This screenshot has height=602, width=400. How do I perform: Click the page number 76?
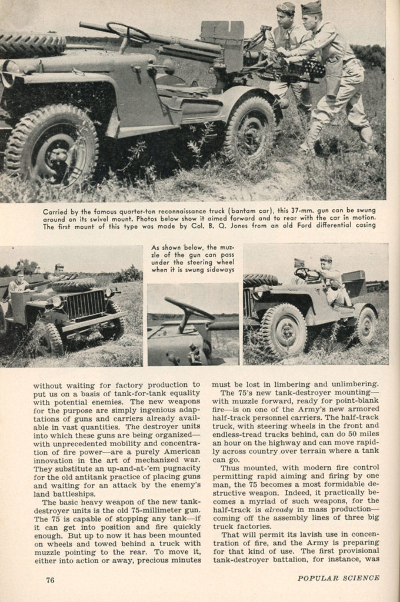(51, 580)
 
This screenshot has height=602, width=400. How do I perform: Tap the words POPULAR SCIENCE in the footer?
(338, 578)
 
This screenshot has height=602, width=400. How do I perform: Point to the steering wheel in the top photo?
(128, 32)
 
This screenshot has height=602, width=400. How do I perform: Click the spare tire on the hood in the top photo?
(32, 44)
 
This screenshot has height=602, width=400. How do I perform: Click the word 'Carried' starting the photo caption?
(56, 210)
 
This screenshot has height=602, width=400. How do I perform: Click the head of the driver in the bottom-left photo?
(21, 275)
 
